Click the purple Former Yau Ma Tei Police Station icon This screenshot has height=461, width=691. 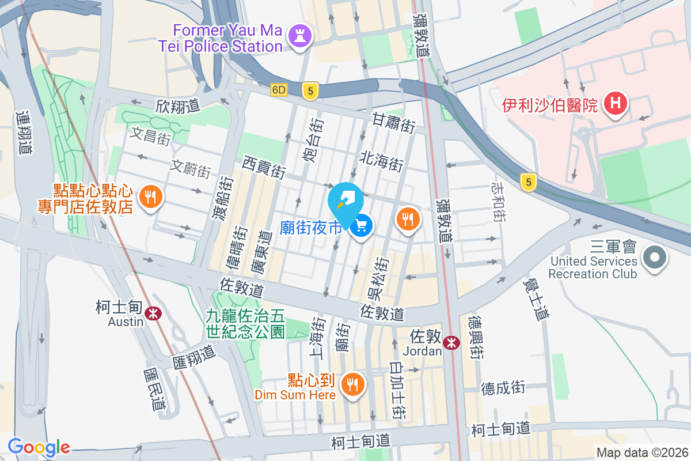(300, 35)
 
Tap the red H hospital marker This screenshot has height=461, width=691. (615, 104)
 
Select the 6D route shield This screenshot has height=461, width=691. (279, 90)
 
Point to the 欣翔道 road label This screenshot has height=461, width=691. (177, 106)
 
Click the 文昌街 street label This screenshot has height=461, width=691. (151, 136)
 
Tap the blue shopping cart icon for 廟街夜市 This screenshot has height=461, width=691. (362, 226)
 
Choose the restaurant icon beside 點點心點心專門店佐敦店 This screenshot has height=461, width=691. (151, 198)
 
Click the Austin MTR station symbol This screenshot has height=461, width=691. (153, 313)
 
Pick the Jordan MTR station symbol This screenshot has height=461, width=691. (452, 342)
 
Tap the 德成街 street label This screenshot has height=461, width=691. (503, 387)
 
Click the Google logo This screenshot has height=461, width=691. (39, 447)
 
